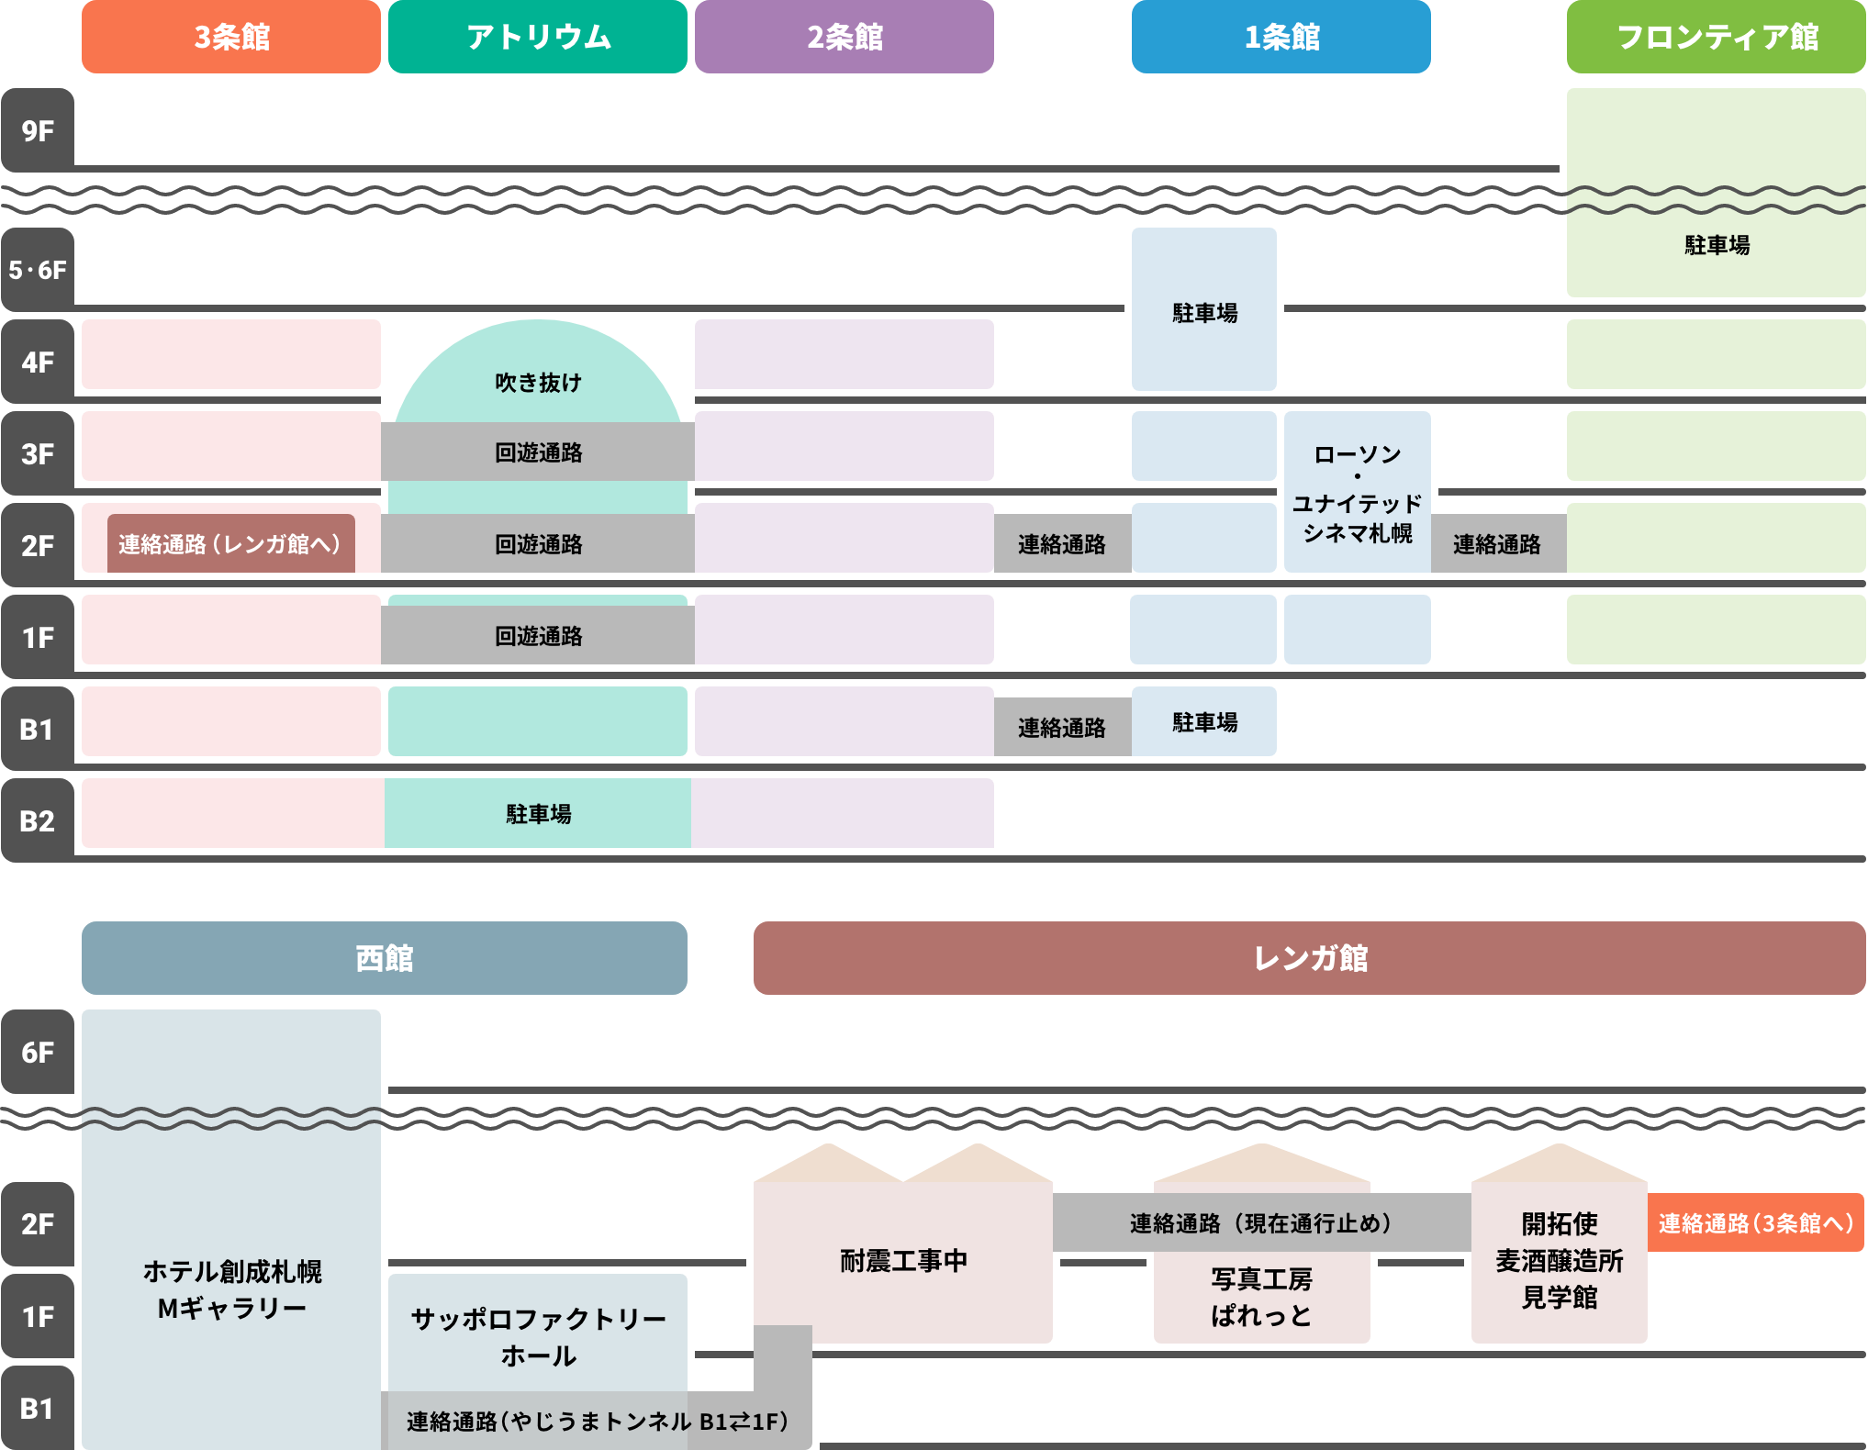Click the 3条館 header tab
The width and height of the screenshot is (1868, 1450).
(231, 37)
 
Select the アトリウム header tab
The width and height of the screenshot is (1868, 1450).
(538, 37)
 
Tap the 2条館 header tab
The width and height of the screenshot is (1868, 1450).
(845, 37)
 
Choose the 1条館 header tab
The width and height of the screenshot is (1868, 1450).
(1281, 37)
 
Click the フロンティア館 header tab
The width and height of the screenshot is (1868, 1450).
(1716, 37)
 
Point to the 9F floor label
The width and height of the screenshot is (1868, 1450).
(38, 130)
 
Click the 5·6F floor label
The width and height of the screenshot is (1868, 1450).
(38, 270)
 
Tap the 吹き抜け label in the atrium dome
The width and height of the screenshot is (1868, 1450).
(538, 382)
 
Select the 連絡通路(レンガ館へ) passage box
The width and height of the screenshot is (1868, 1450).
(230, 544)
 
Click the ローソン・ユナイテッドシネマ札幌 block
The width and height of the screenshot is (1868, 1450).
(1357, 493)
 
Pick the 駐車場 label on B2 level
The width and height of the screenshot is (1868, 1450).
(538, 814)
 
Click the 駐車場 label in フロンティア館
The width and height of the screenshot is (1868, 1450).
(1716, 245)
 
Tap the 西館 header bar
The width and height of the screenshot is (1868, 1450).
(384, 958)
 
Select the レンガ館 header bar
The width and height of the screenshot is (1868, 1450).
(1309, 958)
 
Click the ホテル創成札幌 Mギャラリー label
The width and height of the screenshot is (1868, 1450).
(231, 1289)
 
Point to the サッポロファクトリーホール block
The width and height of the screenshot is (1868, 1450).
(538, 1336)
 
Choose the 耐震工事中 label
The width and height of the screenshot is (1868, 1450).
(903, 1261)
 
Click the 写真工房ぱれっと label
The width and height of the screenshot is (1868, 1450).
(1261, 1297)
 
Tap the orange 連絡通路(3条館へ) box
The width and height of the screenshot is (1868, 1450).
(1755, 1223)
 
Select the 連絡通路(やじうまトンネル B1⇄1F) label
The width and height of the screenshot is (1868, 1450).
(597, 1422)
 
